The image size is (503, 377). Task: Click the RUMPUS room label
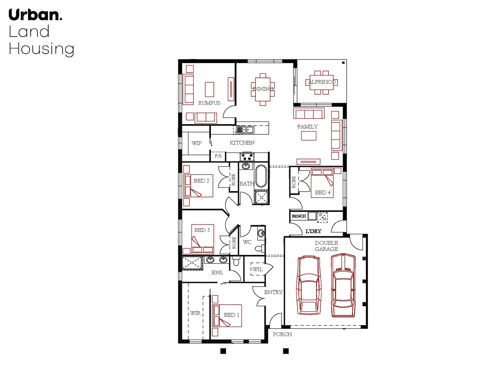pyautogui.click(x=209, y=103)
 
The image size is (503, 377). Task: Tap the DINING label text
pyautogui.click(x=263, y=89)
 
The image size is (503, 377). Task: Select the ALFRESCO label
pyautogui.click(x=322, y=82)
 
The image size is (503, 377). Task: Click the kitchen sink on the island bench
pyautogui.click(x=245, y=130)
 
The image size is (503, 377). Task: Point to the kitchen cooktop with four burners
pyautogui.click(x=247, y=156)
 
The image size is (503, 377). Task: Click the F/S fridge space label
pyautogui.click(x=218, y=156)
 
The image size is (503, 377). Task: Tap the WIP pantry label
pyautogui.click(x=197, y=143)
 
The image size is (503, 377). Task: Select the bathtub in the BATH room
pyautogui.click(x=261, y=176)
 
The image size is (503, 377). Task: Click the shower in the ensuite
pyautogui.click(x=192, y=263)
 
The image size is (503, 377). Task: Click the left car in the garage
pyautogui.click(x=308, y=285)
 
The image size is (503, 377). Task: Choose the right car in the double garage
pyautogui.click(x=343, y=285)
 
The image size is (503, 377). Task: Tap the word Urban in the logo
pyautogui.click(x=35, y=15)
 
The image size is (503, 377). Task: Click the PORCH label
pyautogui.click(x=282, y=334)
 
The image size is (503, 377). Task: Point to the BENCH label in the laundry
pyautogui.click(x=299, y=216)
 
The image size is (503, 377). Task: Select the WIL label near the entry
pyautogui.click(x=257, y=269)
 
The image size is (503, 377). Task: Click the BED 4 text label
pyautogui.click(x=323, y=192)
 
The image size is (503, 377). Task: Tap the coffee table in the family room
pyautogui.click(x=309, y=136)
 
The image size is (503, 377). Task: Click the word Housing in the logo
pyautogui.click(x=41, y=49)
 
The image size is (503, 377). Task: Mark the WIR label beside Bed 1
pyautogui.click(x=195, y=313)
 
